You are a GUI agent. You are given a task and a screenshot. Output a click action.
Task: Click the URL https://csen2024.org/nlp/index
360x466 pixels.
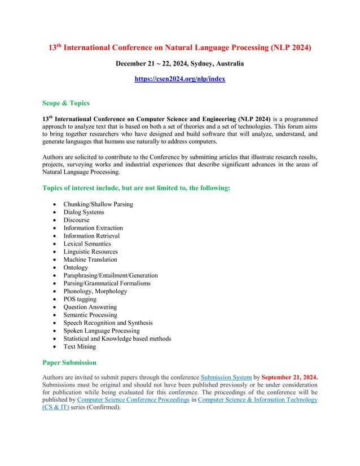click(x=179, y=80)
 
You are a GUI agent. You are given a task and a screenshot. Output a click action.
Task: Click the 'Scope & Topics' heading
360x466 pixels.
click(x=65, y=103)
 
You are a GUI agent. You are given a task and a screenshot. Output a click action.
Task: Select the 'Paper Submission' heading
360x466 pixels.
click(x=69, y=362)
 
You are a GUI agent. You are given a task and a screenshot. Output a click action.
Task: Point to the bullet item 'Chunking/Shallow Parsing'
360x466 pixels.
click(x=98, y=204)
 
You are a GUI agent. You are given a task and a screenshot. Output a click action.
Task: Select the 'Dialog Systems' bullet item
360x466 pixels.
click(x=84, y=212)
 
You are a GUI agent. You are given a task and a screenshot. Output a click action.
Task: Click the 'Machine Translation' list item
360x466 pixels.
click(x=90, y=260)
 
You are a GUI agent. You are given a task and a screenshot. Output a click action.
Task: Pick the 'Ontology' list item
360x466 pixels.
click(x=76, y=267)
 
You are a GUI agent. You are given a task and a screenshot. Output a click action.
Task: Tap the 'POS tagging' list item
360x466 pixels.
click(x=80, y=299)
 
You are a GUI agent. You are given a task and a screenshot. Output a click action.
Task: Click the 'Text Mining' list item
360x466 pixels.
click(x=80, y=346)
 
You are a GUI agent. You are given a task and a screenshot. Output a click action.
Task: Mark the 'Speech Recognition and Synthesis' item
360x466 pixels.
click(x=108, y=323)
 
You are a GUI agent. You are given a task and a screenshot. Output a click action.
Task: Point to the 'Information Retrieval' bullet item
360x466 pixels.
click(x=91, y=236)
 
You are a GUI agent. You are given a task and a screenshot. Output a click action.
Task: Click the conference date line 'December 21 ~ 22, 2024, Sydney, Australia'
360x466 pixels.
click(x=179, y=64)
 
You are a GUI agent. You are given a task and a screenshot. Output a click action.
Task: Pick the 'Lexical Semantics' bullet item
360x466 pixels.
click(x=87, y=244)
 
